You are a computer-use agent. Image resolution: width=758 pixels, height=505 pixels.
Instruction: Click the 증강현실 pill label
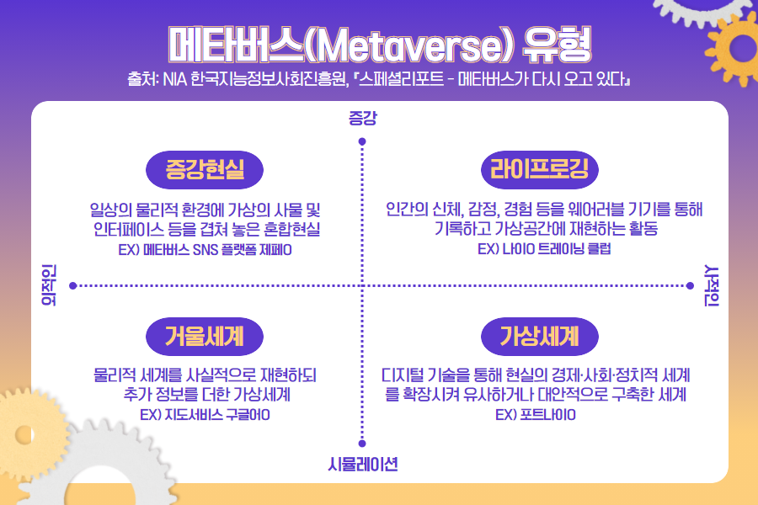(x=205, y=170)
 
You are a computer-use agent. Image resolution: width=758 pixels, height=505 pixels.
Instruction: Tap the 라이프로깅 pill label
(x=540, y=170)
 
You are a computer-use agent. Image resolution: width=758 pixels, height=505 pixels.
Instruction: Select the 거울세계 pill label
(x=205, y=337)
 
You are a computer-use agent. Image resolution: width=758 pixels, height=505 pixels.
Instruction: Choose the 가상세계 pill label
(x=540, y=337)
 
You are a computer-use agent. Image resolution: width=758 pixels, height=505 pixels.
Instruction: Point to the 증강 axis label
(x=362, y=118)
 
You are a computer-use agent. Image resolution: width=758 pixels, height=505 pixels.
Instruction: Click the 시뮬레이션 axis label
(x=362, y=465)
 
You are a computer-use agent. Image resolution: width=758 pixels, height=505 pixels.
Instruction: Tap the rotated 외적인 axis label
(x=49, y=285)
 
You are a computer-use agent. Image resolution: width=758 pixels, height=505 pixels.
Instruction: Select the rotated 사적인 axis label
(x=712, y=285)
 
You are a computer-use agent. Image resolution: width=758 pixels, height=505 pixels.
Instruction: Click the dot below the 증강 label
(x=362, y=141)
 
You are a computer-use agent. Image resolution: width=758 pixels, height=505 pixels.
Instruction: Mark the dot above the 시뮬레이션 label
(x=362, y=444)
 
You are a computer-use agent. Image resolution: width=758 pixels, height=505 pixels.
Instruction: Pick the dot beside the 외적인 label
(x=73, y=285)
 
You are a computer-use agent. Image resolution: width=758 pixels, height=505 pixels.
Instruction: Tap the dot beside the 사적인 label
(x=690, y=285)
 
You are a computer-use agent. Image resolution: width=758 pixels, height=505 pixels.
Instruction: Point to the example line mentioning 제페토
(x=205, y=249)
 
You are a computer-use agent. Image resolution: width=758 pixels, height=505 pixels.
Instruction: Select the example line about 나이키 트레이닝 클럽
(x=544, y=248)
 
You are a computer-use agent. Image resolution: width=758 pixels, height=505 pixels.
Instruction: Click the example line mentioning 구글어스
(x=205, y=415)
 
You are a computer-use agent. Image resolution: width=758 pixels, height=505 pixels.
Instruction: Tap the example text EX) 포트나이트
(x=536, y=415)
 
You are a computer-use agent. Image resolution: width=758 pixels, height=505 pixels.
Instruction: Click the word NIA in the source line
(x=175, y=79)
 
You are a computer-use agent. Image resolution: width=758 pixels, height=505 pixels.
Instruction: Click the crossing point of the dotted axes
(x=362, y=285)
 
